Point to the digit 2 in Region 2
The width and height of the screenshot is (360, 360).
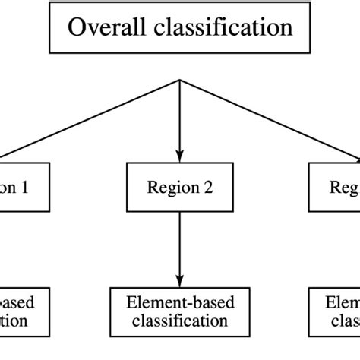[x=204, y=185]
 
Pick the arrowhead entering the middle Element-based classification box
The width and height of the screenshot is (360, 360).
[x=179, y=280]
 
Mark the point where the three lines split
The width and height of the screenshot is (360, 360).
[x=179, y=80]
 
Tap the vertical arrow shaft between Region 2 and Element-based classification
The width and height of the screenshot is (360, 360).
[x=179, y=243]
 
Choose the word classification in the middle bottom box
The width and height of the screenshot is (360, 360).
[x=178, y=321]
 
